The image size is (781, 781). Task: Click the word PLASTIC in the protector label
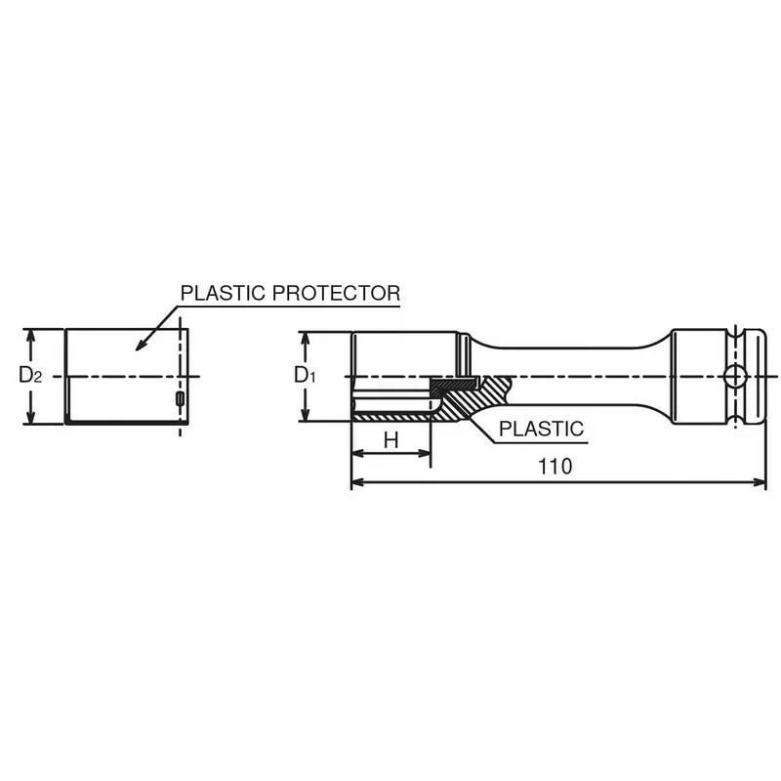point(223,293)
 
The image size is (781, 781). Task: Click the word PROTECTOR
point(336,293)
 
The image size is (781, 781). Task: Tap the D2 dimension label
point(30,375)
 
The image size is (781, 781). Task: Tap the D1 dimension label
point(305,375)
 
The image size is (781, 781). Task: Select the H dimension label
point(391,440)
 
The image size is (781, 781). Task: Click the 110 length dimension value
point(555,467)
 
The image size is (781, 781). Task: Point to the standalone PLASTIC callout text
point(542,429)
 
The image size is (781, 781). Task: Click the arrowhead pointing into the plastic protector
point(143,343)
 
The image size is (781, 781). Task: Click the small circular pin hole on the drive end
point(736,376)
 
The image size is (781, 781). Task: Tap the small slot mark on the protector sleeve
point(180,398)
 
